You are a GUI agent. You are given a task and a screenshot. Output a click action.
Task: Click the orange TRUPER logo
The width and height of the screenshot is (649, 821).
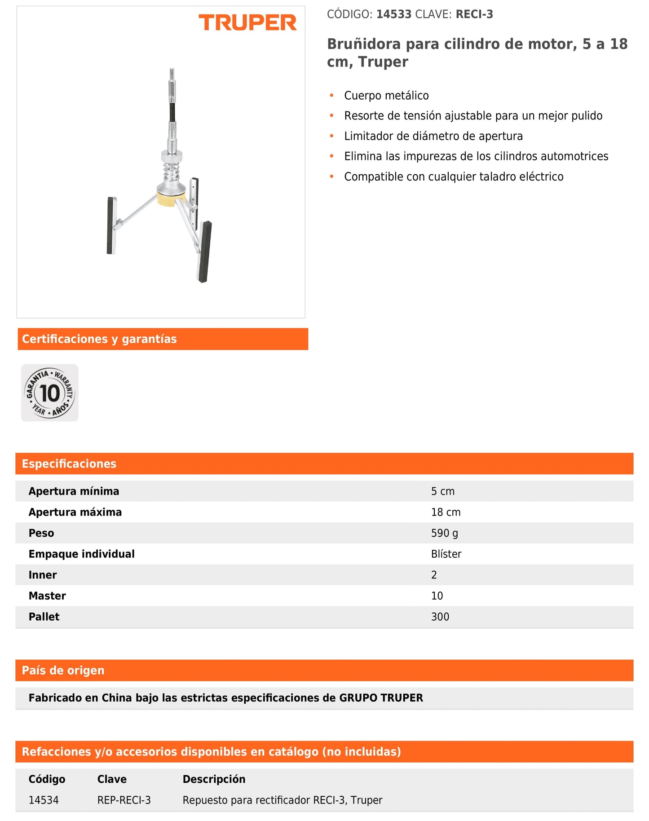tap(247, 23)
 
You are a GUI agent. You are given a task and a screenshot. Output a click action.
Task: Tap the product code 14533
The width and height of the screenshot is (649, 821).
tap(394, 14)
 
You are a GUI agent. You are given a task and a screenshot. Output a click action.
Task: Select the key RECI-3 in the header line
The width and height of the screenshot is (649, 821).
tap(474, 14)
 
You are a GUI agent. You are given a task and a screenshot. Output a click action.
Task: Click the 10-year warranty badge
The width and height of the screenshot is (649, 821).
tap(50, 393)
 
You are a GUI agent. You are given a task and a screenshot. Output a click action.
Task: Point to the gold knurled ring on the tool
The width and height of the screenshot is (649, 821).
tap(171, 199)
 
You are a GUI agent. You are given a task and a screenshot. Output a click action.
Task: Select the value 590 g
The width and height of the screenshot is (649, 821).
tap(445, 533)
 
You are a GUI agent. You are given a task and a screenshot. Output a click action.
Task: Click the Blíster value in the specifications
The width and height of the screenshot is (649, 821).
tap(446, 554)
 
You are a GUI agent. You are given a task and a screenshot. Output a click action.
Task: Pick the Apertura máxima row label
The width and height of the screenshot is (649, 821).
tap(75, 512)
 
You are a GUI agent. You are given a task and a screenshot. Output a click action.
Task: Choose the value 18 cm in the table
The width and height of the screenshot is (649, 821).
tap(446, 512)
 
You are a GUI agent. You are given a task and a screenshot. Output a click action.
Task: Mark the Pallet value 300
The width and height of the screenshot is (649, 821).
tap(440, 617)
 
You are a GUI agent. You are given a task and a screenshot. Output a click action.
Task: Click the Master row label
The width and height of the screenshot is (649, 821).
tap(47, 596)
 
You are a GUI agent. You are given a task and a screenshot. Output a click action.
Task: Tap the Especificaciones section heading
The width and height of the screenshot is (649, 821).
tap(69, 464)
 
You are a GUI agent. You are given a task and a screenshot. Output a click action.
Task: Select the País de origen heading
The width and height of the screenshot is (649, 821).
tap(63, 671)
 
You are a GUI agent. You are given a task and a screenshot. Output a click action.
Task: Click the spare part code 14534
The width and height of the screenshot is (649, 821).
tap(44, 800)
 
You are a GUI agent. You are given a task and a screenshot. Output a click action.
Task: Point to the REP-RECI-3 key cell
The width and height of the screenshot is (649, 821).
tap(124, 800)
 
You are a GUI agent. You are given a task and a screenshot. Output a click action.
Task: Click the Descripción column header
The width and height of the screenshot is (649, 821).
tap(214, 779)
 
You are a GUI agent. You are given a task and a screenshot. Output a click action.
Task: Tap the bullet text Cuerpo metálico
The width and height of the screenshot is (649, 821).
tap(386, 96)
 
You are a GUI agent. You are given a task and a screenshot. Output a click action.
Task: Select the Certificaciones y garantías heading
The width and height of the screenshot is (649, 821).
tap(99, 339)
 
